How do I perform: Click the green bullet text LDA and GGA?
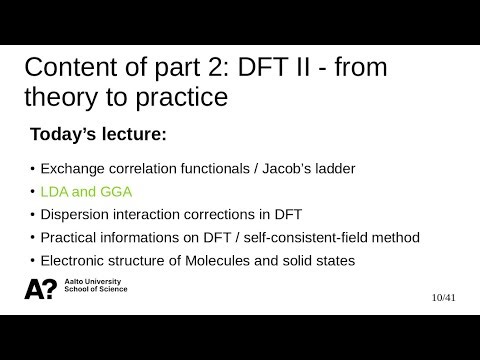[88, 189]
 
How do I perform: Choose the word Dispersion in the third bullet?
[76, 214]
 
